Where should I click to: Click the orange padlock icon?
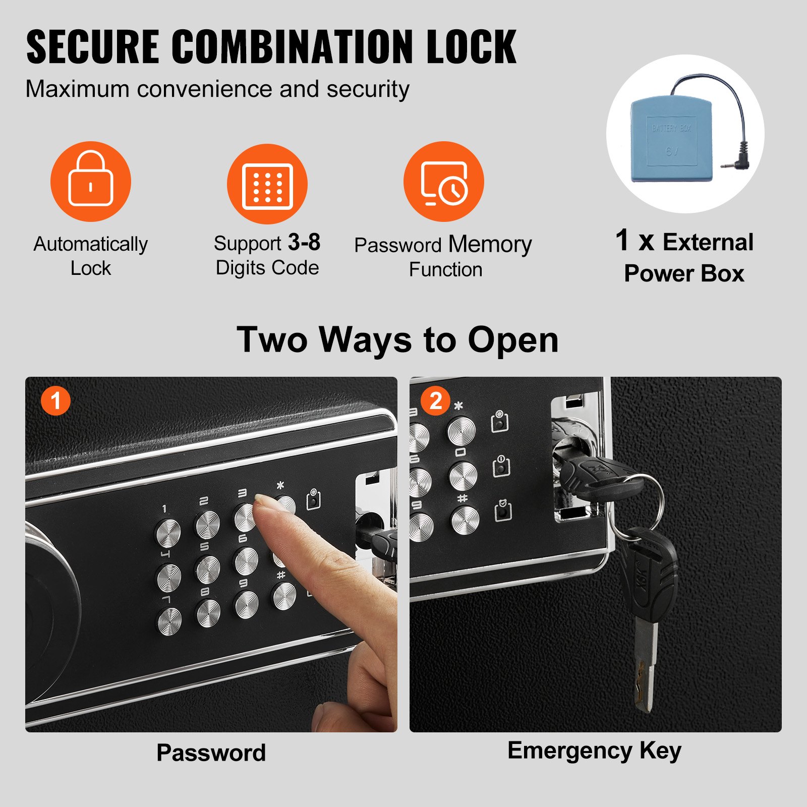point(91,182)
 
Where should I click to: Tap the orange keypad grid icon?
point(267,185)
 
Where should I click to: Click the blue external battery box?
point(671,139)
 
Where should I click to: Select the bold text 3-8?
point(304,243)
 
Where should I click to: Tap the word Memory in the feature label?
point(490,245)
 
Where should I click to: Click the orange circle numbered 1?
point(55,401)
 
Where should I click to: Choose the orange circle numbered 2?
point(435,401)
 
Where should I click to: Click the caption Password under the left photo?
point(211,753)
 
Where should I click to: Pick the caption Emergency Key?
point(594,751)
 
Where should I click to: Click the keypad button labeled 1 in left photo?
point(168,532)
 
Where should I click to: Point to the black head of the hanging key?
point(651,570)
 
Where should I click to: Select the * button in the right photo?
point(462,431)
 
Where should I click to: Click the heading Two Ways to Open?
point(397,340)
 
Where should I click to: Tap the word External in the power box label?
point(708,242)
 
